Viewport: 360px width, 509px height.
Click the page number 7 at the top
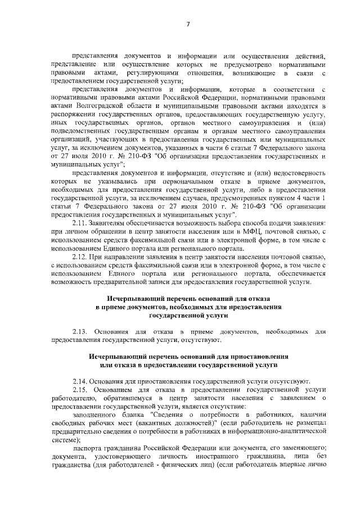coord(188,24)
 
